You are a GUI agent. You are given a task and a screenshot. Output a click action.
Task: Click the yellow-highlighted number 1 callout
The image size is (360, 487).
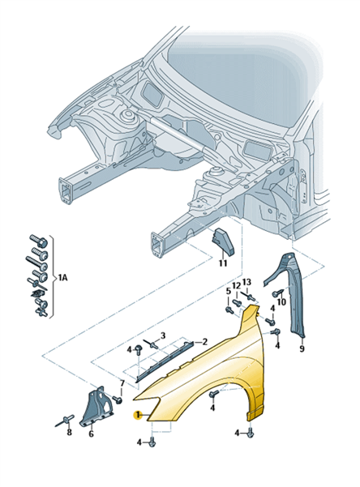(x=137, y=415)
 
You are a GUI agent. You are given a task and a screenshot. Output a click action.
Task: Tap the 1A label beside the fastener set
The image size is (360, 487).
(x=62, y=277)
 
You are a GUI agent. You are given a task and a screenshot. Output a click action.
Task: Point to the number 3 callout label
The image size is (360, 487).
(x=163, y=335)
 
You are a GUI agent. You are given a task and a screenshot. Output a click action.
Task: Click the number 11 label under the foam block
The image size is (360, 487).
(x=223, y=263)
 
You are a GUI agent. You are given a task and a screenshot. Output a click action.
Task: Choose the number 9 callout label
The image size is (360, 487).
(x=302, y=348)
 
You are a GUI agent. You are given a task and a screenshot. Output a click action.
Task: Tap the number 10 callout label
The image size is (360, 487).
(x=281, y=301)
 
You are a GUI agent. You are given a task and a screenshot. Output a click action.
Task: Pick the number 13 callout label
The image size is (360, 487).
(x=246, y=282)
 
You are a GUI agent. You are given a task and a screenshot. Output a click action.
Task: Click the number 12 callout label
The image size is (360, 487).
(x=236, y=285)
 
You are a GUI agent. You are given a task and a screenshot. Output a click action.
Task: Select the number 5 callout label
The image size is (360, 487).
(x=229, y=292)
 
